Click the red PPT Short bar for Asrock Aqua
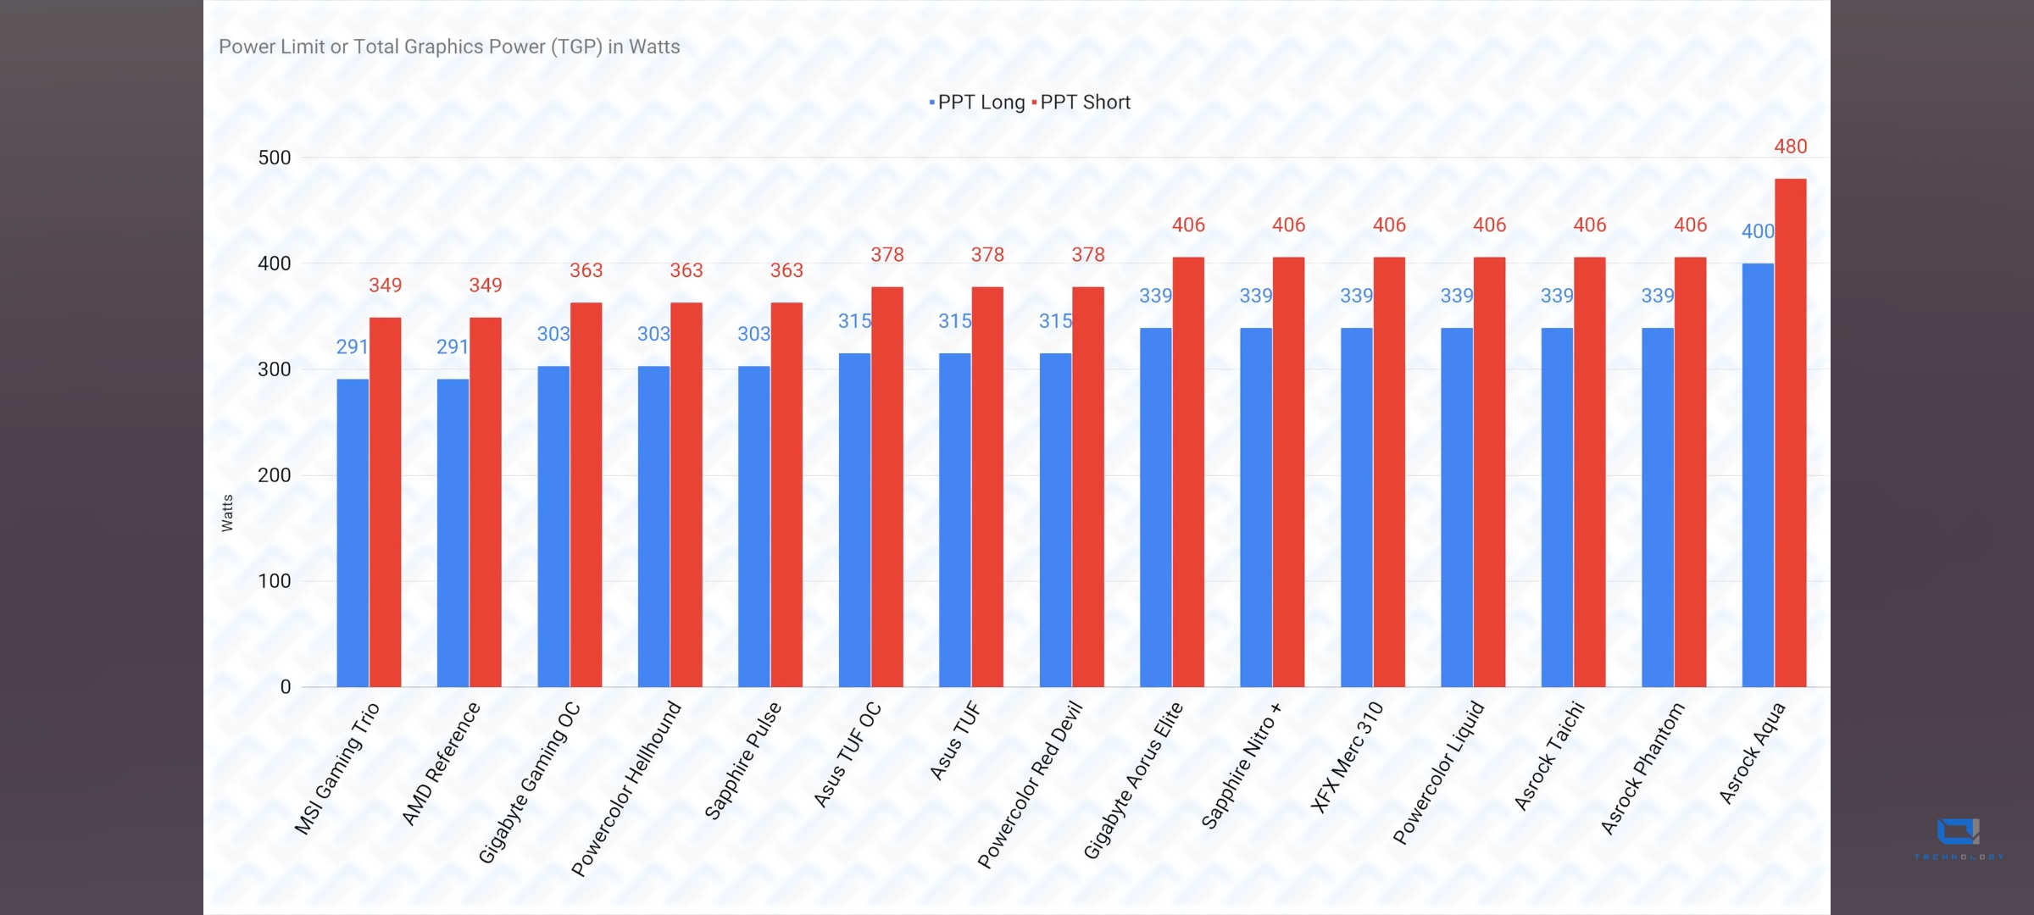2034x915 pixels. coord(1790,432)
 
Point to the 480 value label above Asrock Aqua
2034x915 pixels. coord(1791,147)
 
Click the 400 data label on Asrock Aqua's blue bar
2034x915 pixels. coord(1758,231)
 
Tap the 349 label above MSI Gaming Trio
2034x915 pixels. coord(386,286)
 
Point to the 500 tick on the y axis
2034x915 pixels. coord(275,158)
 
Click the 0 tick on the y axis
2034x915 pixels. coord(286,687)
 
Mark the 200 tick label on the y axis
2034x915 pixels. coord(275,475)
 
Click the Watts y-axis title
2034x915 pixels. coord(227,513)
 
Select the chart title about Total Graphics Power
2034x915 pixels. coord(449,47)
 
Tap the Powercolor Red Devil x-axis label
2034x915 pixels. coord(1031,784)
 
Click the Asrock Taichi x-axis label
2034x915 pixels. coord(1549,755)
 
